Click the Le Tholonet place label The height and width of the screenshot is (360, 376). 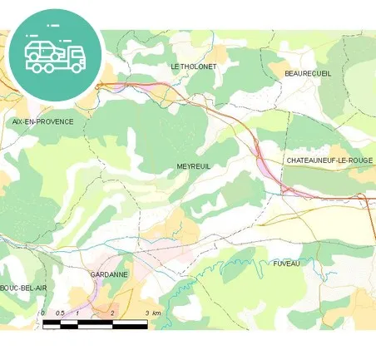click(193, 66)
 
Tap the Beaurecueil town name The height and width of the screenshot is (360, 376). click(308, 73)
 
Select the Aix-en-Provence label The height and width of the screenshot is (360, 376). click(42, 121)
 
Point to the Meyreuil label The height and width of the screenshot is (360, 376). click(194, 166)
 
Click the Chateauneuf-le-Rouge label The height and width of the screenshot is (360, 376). click(329, 160)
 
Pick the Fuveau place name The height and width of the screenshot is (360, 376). click(286, 263)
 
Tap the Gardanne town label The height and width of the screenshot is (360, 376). click(109, 274)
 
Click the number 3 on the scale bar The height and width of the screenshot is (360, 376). click(147, 313)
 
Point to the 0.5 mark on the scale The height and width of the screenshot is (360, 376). click(59, 313)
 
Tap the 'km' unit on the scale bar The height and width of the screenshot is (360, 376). click(156, 313)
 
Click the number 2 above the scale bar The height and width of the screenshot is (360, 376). click(112, 313)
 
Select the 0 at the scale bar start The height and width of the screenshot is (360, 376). click(42, 313)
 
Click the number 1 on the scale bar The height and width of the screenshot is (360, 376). click(77, 313)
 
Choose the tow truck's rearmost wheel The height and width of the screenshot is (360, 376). click(34, 66)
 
